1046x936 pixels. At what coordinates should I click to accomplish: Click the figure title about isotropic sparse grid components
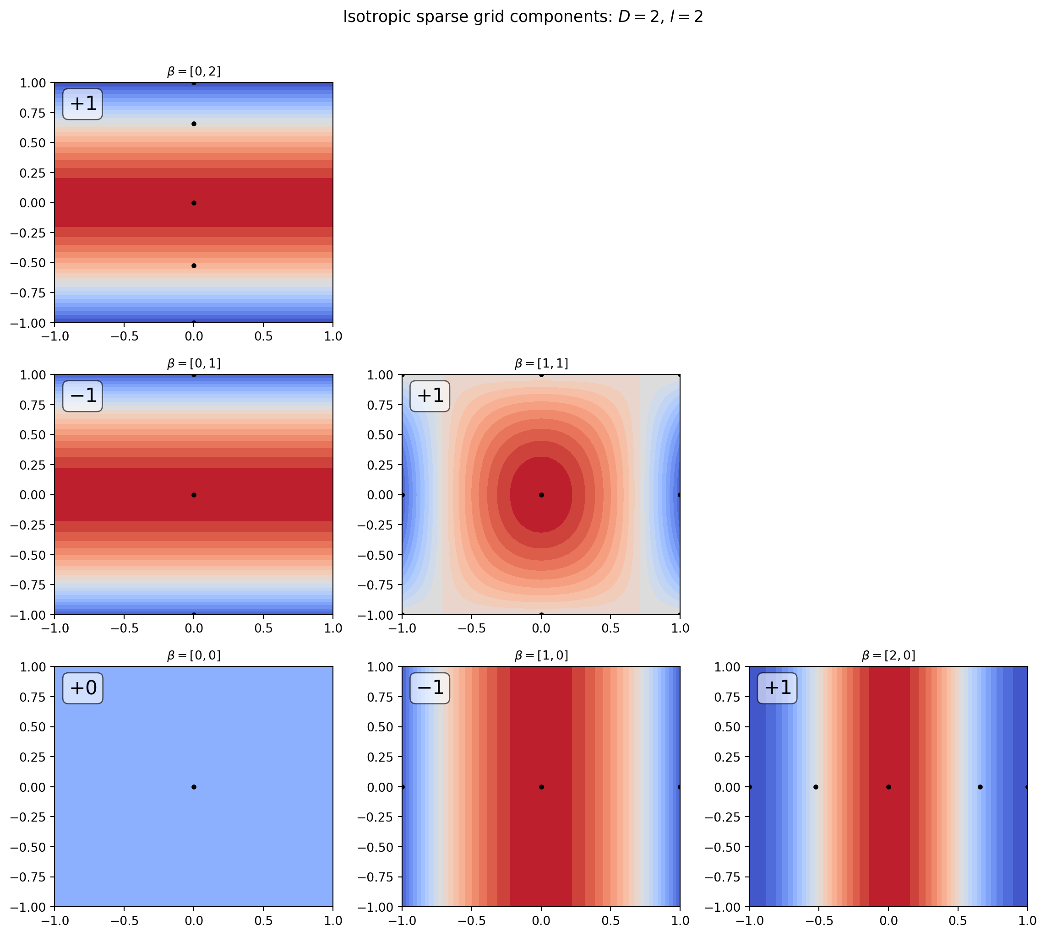[523, 17]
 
